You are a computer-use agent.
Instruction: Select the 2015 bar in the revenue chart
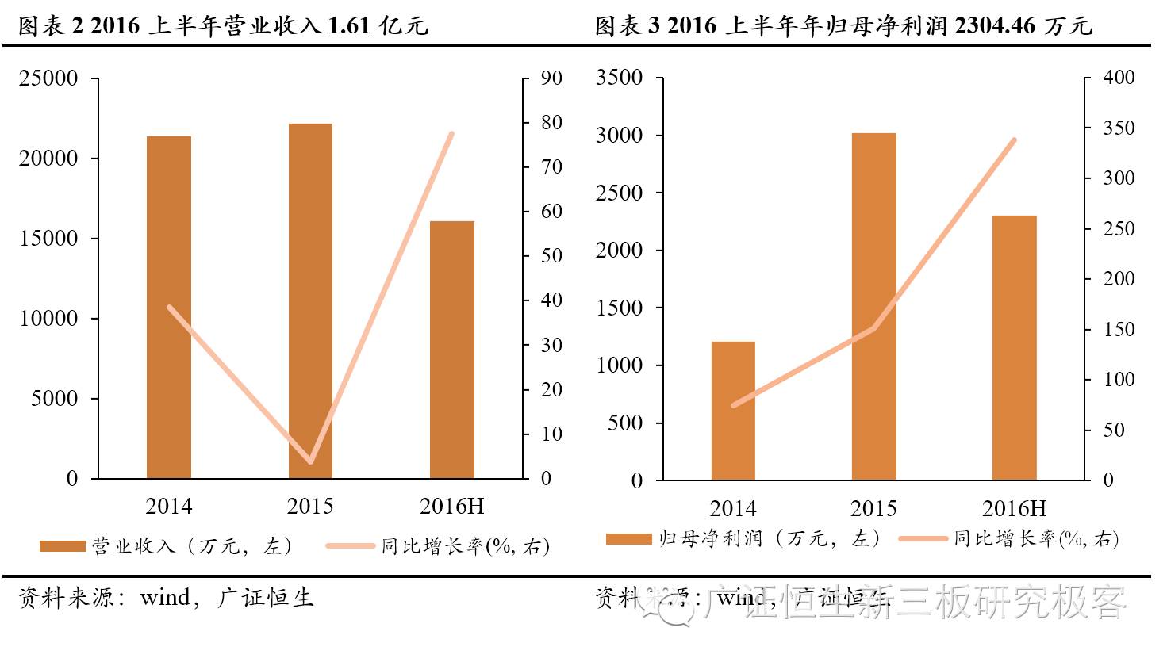(310, 301)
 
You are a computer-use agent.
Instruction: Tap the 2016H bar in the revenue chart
(451, 350)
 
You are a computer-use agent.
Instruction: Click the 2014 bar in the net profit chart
(733, 411)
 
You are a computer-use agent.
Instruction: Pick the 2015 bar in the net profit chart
(873, 307)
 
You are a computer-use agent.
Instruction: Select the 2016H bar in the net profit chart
(1014, 347)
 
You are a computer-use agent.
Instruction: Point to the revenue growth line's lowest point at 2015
(310, 461)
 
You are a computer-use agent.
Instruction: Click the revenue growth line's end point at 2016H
(451, 134)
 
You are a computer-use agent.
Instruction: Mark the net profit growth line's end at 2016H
(1014, 140)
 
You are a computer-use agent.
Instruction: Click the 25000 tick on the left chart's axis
(48, 78)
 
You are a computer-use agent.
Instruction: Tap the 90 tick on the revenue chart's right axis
(551, 78)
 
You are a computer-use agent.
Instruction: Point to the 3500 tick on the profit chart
(619, 78)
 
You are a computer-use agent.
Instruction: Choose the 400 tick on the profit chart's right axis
(1119, 78)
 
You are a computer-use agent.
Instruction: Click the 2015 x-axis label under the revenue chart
(310, 507)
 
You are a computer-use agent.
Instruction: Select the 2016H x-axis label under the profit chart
(1014, 508)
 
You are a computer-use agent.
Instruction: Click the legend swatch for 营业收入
(62, 546)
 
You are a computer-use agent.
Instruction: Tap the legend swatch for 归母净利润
(628, 539)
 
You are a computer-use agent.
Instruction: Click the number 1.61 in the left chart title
(349, 26)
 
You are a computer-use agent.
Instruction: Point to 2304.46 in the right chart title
(995, 26)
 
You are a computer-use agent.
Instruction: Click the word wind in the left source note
(165, 597)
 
